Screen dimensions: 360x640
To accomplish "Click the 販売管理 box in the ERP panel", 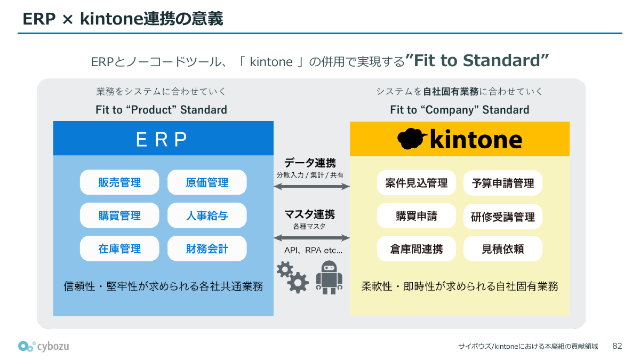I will click(119, 182).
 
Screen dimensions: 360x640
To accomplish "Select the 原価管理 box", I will click(207, 182).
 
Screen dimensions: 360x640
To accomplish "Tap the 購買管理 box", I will click(119, 215).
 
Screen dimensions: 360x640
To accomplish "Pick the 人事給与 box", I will click(207, 215).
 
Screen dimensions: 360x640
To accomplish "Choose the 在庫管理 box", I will click(119, 249).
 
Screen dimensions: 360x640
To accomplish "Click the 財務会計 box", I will click(207, 249).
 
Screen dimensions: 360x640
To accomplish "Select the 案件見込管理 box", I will click(416, 183).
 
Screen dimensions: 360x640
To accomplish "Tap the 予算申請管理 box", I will click(503, 183).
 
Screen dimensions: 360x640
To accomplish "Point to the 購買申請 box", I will click(416, 216).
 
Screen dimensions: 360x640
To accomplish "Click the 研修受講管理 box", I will click(503, 217).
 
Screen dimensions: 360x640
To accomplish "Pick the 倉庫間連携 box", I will click(416, 249).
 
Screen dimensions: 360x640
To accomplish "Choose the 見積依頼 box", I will click(503, 249).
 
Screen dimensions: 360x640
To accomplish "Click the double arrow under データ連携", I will click(311, 186).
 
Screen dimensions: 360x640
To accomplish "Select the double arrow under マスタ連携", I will click(311, 237).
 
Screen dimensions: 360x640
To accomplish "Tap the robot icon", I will click(329, 277).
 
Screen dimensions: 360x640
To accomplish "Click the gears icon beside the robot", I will click(292, 276).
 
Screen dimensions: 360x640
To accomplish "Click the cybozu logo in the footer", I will click(43, 346).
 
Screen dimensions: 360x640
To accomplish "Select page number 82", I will click(617, 346).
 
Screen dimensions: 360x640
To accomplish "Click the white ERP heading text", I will click(162, 139).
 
